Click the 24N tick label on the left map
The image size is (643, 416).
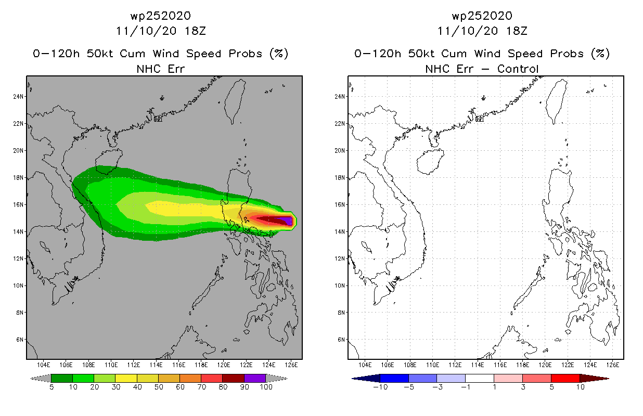(x=18, y=97)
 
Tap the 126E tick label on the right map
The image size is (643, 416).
(x=613, y=365)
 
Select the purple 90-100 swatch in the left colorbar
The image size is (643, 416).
(x=255, y=378)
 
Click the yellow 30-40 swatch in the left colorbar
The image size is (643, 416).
(x=126, y=378)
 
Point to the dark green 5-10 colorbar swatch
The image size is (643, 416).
(x=62, y=378)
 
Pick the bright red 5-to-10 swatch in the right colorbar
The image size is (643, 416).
(x=565, y=378)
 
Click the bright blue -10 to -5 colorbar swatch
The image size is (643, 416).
(x=394, y=378)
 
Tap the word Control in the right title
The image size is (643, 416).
(x=518, y=69)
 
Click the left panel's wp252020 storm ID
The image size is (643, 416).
(x=161, y=16)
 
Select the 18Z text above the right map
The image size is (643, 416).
(x=517, y=31)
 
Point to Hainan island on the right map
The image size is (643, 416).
(x=430, y=162)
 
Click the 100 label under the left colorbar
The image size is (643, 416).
(x=266, y=387)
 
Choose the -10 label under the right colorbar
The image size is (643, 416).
(x=380, y=387)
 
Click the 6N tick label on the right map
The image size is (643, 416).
(x=341, y=340)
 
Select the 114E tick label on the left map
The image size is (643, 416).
(x=156, y=365)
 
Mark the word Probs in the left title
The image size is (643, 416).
(x=246, y=54)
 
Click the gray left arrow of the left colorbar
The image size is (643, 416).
(x=41, y=378)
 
